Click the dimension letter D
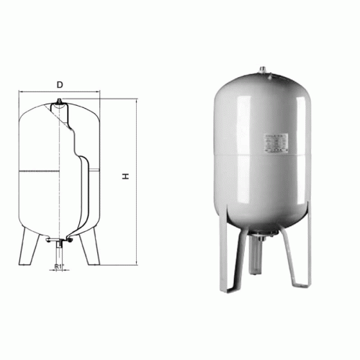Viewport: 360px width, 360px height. pos(60,85)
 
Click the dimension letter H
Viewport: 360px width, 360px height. pos(125,176)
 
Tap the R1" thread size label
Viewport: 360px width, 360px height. pos(59,267)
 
